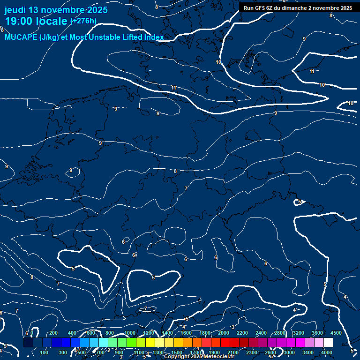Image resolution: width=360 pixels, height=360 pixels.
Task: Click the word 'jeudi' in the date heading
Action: click(15, 10)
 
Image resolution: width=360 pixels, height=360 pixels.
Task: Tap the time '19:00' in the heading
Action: click(21, 21)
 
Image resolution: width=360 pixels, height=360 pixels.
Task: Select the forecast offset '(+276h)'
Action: click(83, 21)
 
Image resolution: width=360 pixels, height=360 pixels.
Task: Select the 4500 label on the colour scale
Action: click(336, 333)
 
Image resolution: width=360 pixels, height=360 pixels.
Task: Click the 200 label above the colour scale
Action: click(53, 333)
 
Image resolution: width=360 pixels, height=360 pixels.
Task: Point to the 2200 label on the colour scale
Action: click(242, 333)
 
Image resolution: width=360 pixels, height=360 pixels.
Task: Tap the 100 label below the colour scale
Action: click(44, 352)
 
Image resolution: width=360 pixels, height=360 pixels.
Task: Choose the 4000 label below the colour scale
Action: click(327, 352)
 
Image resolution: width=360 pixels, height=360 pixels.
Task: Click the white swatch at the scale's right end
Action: click(328, 343)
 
